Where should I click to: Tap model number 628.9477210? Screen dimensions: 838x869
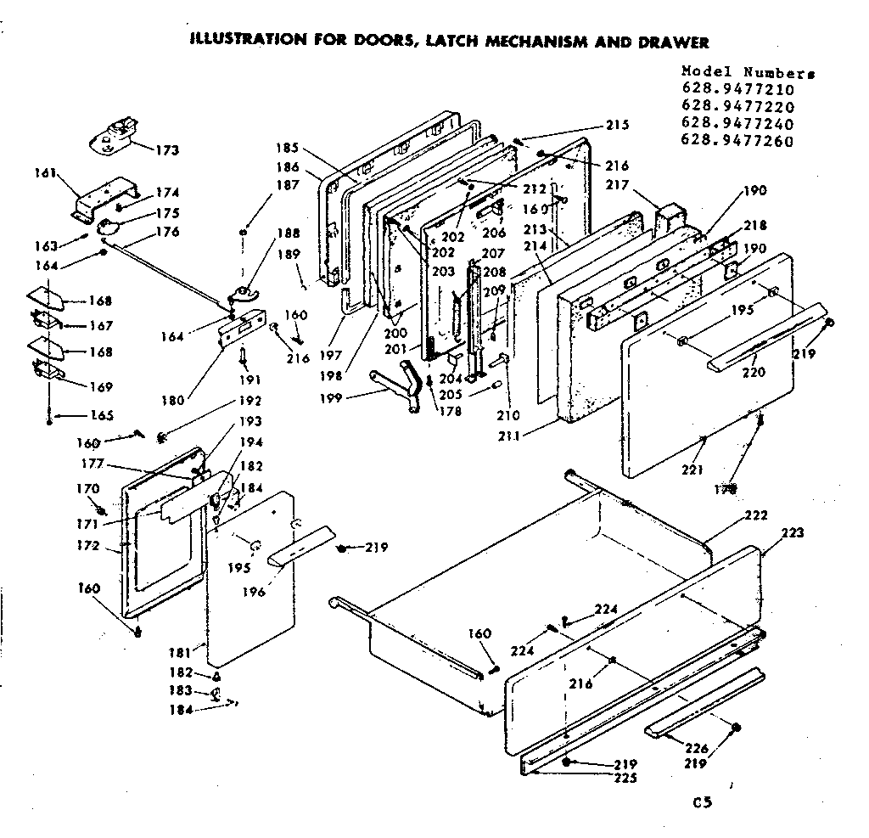737,89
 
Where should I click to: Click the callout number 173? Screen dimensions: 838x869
167,150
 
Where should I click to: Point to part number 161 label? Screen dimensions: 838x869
45,173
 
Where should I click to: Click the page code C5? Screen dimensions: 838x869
701,801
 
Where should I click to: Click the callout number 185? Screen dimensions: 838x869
288,146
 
